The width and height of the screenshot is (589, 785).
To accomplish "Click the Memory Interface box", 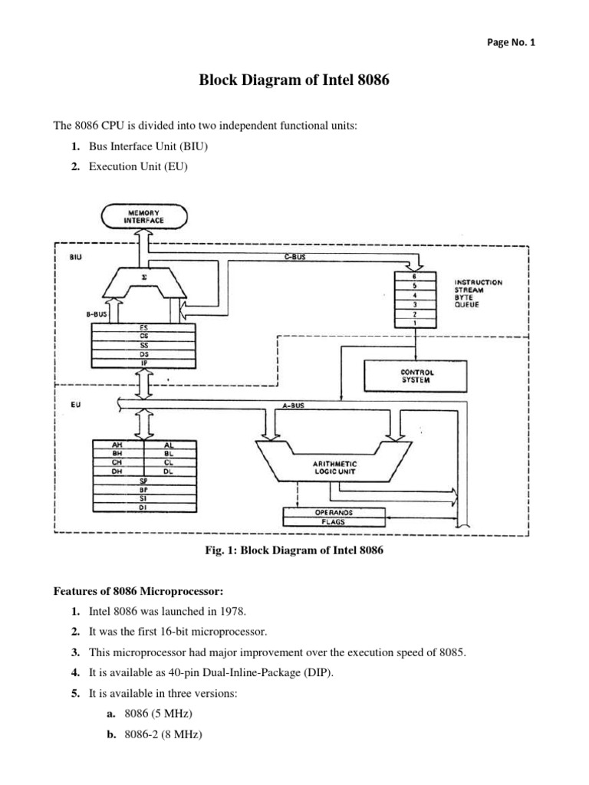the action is [144, 217].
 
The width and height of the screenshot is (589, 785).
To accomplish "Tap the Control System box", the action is [415, 376].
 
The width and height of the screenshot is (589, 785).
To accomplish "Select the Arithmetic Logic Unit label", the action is [334, 468].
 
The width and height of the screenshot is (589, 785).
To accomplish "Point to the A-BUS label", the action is [293, 406].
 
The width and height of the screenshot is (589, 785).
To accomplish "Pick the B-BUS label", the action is [96, 314].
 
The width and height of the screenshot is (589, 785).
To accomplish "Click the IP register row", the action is [143, 363].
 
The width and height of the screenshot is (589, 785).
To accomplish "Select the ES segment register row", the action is [143, 328].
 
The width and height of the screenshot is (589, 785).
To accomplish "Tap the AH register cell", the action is [117, 445].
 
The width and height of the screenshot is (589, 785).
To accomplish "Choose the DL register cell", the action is [169, 471].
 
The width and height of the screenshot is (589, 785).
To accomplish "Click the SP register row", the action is [143, 481].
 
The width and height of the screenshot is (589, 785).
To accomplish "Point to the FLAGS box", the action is [334, 521].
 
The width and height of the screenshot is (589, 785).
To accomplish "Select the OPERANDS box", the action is [334, 513].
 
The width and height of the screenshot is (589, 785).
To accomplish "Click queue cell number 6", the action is [415, 276].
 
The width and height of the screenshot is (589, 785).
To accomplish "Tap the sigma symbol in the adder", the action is [144, 277].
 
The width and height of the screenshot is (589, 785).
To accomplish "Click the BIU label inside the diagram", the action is [76, 257].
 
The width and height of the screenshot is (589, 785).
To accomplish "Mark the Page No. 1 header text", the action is [511, 43].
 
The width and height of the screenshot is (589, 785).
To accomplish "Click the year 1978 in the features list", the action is [233, 611].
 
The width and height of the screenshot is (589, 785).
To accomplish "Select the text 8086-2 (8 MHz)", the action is [163, 734].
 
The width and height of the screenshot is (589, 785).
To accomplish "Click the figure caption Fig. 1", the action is [294, 550].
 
